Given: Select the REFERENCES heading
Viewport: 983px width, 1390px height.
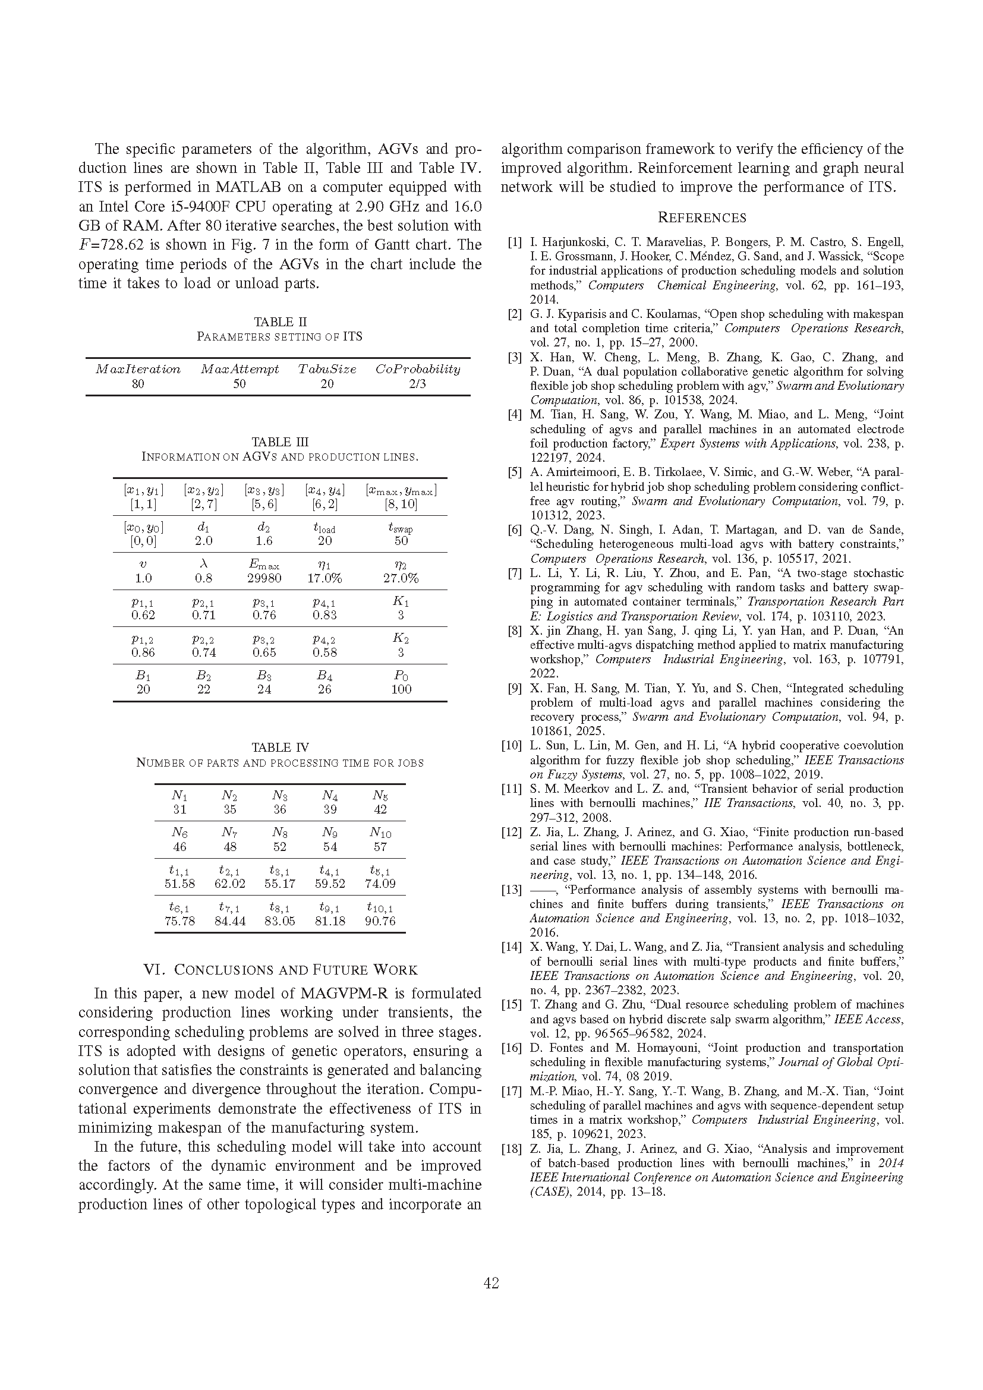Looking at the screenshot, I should (x=701, y=218).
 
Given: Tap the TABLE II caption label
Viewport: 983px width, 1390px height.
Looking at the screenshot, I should (x=280, y=322).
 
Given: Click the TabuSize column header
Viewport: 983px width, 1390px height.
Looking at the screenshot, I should (x=327, y=369).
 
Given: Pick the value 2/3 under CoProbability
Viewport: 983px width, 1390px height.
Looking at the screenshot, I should (x=418, y=384).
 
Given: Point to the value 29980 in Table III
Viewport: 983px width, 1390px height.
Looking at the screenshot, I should (x=264, y=578).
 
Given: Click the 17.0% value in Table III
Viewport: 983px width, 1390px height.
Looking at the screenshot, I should (x=324, y=578).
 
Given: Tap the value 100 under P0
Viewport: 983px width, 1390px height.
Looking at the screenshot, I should (x=401, y=689).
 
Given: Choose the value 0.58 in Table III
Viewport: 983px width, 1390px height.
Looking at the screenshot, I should (x=324, y=653).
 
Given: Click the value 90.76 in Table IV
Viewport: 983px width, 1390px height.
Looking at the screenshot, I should (x=380, y=921).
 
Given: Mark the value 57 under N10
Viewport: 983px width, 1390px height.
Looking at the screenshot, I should (x=380, y=846).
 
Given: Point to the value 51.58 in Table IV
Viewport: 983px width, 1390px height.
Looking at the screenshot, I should (x=179, y=884).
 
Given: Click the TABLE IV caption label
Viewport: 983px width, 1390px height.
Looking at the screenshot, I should (x=280, y=748).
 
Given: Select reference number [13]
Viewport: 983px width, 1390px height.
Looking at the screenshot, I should (x=512, y=890).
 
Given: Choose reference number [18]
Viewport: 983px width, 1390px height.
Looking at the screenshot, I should (x=512, y=1149).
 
